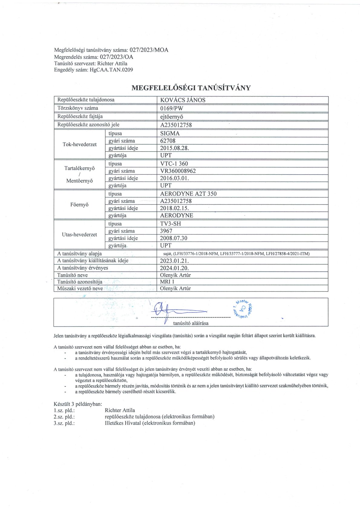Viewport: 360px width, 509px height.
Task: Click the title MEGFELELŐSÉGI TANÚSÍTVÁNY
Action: tap(191, 88)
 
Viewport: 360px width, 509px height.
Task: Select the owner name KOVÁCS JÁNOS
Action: tap(182, 100)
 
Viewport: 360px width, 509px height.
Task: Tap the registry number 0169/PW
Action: tap(172, 108)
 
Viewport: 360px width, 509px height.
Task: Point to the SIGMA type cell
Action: tap(170, 133)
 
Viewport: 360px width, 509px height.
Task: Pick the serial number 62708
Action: tap(168, 141)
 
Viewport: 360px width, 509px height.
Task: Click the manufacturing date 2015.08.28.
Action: tap(174, 148)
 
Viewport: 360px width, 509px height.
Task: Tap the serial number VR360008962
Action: tap(178, 171)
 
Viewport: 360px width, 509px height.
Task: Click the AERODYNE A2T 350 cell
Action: tap(188, 194)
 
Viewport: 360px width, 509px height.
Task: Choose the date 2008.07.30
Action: tap(173, 238)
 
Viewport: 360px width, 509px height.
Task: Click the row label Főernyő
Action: tap(79, 205)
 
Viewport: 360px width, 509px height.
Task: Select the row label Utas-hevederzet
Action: tap(79, 235)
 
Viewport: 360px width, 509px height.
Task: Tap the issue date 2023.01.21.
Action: tap(174, 261)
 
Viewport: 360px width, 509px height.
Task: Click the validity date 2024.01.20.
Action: tap(174, 268)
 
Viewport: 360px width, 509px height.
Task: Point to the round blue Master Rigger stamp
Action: tap(244, 309)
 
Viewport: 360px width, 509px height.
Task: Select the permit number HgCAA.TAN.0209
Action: tap(111, 70)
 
